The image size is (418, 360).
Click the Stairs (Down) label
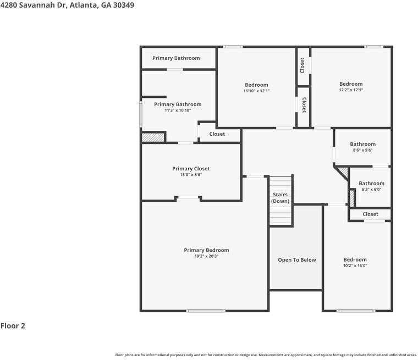(280, 198)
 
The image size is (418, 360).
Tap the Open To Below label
(296, 260)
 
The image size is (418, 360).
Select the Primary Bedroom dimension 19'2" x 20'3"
(206, 256)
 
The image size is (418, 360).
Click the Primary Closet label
(191, 168)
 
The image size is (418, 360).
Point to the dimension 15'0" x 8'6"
(191, 175)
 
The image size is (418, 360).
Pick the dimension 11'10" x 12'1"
(256, 91)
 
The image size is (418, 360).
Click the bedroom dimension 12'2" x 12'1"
(351, 90)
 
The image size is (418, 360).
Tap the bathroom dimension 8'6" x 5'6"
(362, 150)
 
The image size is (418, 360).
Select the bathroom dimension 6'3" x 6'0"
(371, 190)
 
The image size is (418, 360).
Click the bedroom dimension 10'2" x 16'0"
(355, 265)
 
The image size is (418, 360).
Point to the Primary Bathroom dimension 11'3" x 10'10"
(178, 110)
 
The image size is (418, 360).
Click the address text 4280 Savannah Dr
(33, 5)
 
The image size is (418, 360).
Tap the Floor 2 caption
(13, 325)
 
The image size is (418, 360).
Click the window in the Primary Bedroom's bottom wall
(206, 311)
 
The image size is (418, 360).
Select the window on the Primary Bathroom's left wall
(141, 114)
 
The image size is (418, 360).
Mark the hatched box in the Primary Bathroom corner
(153, 137)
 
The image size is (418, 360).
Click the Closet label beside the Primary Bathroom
(217, 134)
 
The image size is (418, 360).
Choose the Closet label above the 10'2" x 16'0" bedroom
(370, 214)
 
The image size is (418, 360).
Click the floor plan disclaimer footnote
(266, 355)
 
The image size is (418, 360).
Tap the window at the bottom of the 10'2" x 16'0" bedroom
(356, 311)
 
